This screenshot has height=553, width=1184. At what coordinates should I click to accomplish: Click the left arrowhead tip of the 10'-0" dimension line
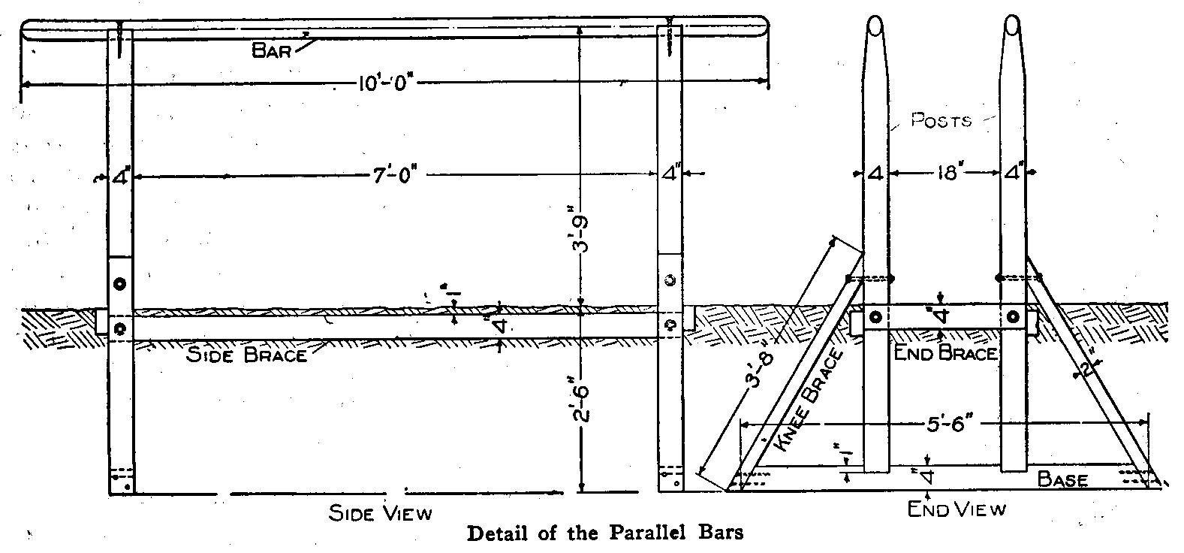[x=21, y=83]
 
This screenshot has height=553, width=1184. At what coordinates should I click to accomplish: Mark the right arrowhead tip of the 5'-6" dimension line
[x=1148, y=422]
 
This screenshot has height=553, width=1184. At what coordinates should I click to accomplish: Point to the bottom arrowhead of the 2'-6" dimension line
[x=581, y=491]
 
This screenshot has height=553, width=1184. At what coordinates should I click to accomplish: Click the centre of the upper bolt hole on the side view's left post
[x=120, y=284]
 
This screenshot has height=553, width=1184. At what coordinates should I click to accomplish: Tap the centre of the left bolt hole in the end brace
[x=875, y=317]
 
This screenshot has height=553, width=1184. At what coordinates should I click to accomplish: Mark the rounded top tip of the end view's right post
[x=1013, y=16]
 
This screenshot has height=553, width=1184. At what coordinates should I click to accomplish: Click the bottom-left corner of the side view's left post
[x=110, y=494]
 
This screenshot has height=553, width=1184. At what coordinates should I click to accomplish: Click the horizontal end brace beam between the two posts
[x=944, y=317]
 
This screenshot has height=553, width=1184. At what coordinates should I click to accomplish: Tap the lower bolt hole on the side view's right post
[x=670, y=325]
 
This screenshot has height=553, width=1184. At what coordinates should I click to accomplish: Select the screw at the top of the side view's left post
[x=121, y=41]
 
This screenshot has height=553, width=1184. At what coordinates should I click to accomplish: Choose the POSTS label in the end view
[x=941, y=121]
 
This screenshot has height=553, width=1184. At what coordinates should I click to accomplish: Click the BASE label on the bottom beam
[x=1062, y=479]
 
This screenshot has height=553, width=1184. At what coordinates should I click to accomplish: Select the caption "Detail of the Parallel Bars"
[x=605, y=533]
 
